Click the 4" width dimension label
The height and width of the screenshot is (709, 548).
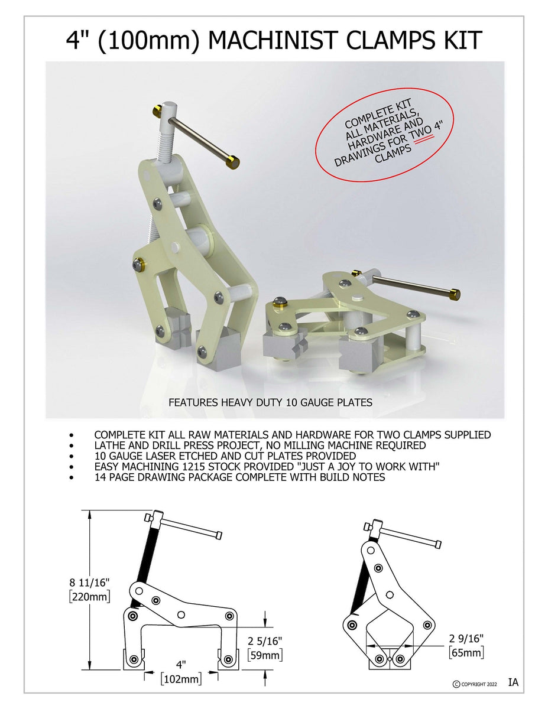tap(180, 665)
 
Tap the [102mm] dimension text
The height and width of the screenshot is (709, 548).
tap(181, 679)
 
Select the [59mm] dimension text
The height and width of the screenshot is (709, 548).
tap(264, 655)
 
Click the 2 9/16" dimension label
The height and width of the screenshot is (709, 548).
tap(466, 638)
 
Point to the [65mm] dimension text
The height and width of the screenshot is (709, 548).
tap(466, 652)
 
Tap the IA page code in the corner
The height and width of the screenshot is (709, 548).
tap(513, 682)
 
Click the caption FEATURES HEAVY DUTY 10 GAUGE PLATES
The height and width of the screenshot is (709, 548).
tap(271, 402)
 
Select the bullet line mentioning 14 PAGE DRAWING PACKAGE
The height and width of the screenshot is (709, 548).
tap(239, 477)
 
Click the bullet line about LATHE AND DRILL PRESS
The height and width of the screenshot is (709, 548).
tap(260, 445)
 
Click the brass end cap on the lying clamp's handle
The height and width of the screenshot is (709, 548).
tap(455, 294)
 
